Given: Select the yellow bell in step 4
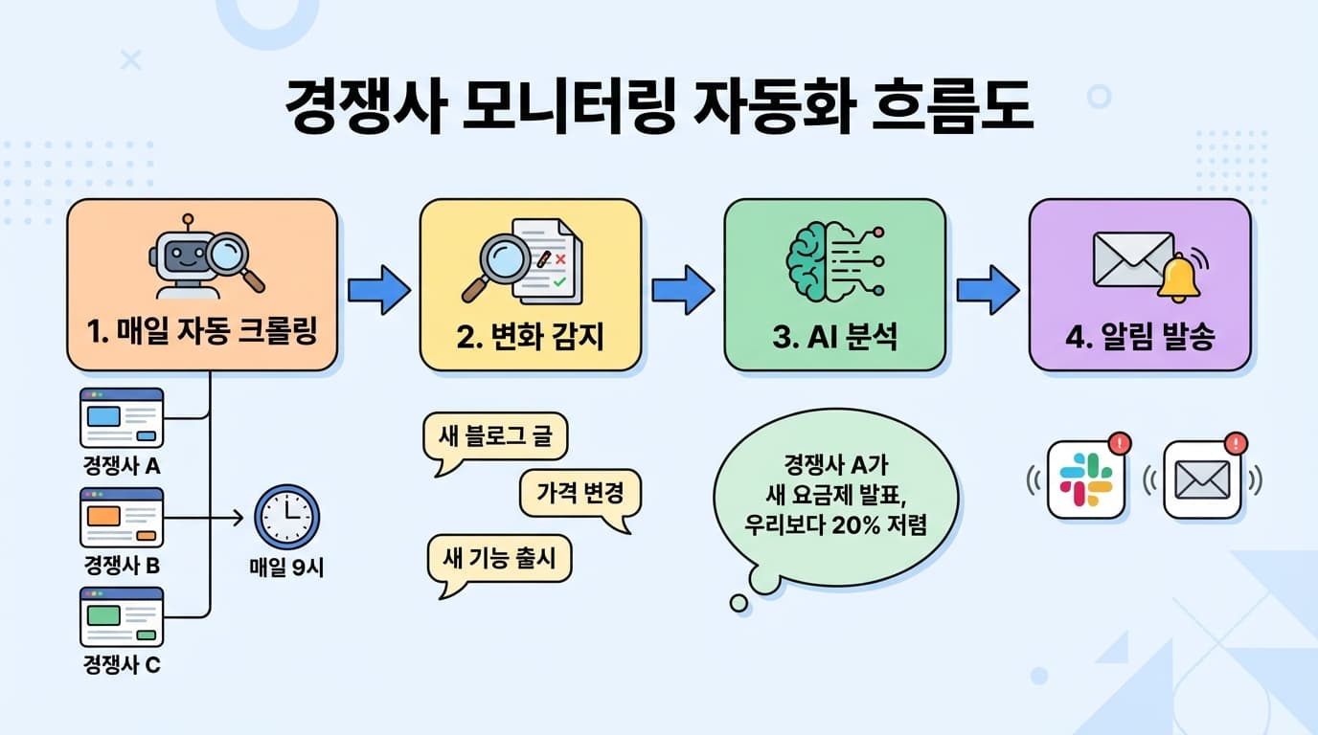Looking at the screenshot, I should pos(1180,277).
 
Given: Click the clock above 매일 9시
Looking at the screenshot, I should pos(286,517).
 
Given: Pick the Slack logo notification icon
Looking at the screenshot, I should pos(1086,479).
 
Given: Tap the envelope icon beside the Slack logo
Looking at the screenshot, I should pos(1202,479).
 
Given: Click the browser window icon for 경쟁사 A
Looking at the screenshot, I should pos(122,417).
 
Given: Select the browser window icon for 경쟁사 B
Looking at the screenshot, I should pos(122,517).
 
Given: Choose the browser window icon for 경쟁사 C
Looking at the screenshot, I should pos(122,616).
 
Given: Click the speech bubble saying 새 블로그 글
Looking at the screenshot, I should pos(494,438).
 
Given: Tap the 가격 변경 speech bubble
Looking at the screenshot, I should pos(580,494).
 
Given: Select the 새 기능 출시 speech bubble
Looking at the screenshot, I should pos(498,558).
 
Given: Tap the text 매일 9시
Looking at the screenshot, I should pos(286,567).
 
